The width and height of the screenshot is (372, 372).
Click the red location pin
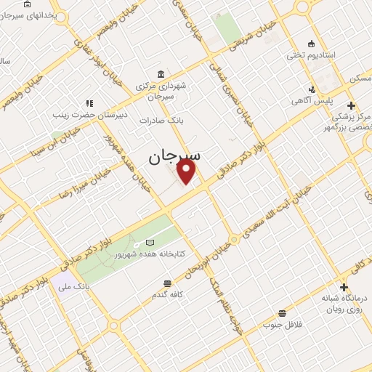tap(187, 172)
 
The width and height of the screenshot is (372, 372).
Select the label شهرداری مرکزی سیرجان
tap(161, 90)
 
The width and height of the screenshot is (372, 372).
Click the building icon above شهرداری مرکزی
tap(161, 73)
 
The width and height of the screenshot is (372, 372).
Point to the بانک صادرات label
tap(158, 120)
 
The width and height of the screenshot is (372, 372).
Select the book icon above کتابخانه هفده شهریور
tap(150, 242)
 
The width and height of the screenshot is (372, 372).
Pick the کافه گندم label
tap(167, 295)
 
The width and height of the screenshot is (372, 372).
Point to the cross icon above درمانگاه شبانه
tap(343, 286)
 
